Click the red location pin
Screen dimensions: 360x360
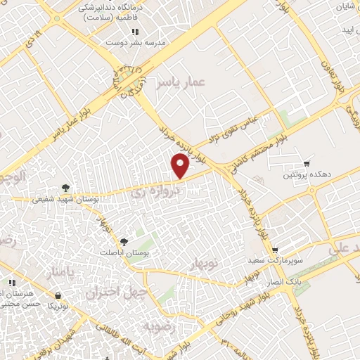pos(181,167)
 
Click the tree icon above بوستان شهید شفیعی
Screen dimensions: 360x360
pos(65,188)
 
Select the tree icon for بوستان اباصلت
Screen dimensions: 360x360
pos(124,241)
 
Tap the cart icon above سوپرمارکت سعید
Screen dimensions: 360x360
pos(275,250)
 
